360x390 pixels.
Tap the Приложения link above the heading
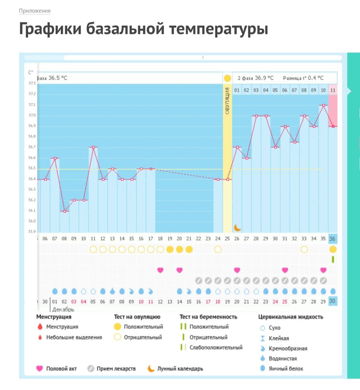click(35, 11)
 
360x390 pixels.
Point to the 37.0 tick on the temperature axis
click(32, 115)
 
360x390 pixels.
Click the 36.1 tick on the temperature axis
click(32, 211)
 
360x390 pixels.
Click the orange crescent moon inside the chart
click(237, 227)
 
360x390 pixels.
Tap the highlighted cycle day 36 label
click(333, 239)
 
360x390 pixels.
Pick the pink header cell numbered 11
click(333, 90)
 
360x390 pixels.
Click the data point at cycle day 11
click(93, 147)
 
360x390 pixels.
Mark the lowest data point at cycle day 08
click(64, 211)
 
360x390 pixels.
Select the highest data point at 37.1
click(323, 105)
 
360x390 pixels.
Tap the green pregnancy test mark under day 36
click(333, 259)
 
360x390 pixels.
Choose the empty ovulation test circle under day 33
click(304, 249)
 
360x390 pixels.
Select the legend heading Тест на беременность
click(208, 317)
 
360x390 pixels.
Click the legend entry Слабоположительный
click(216, 347)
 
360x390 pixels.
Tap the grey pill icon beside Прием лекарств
click(90, 369)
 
